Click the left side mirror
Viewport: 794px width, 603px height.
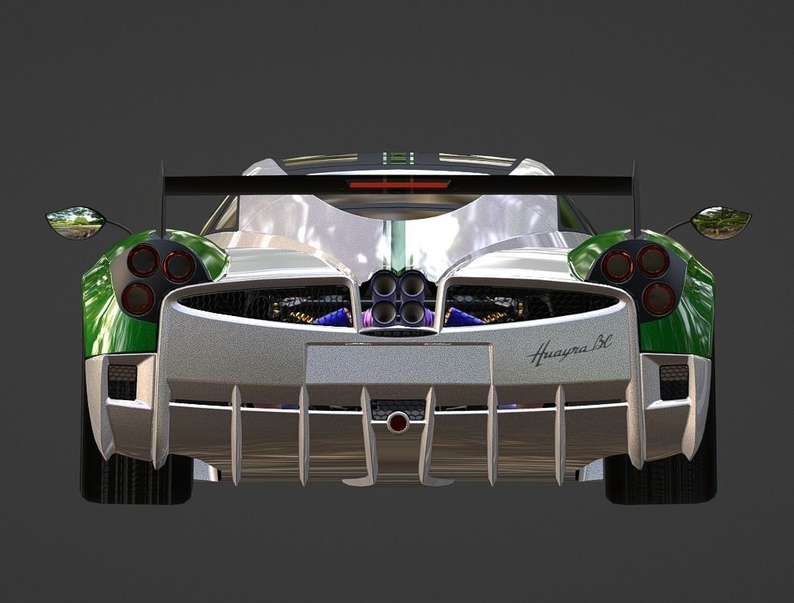point(76,222)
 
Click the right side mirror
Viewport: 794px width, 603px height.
point(721,221)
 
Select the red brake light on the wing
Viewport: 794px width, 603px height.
point(399,184)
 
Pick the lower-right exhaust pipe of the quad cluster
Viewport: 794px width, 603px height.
point(413,311)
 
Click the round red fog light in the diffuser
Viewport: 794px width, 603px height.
point(398,422)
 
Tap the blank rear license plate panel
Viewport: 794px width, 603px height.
point(398,364)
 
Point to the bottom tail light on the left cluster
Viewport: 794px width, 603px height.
point(138,297)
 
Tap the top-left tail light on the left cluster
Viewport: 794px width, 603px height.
point(143,261)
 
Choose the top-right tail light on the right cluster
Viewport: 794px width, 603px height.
point(653,261)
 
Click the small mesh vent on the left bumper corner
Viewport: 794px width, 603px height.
point(122,381)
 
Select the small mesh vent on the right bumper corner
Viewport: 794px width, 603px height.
point(673,381)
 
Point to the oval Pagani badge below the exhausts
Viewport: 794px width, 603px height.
point(398,332)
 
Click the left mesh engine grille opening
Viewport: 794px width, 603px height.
point(268,301)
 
